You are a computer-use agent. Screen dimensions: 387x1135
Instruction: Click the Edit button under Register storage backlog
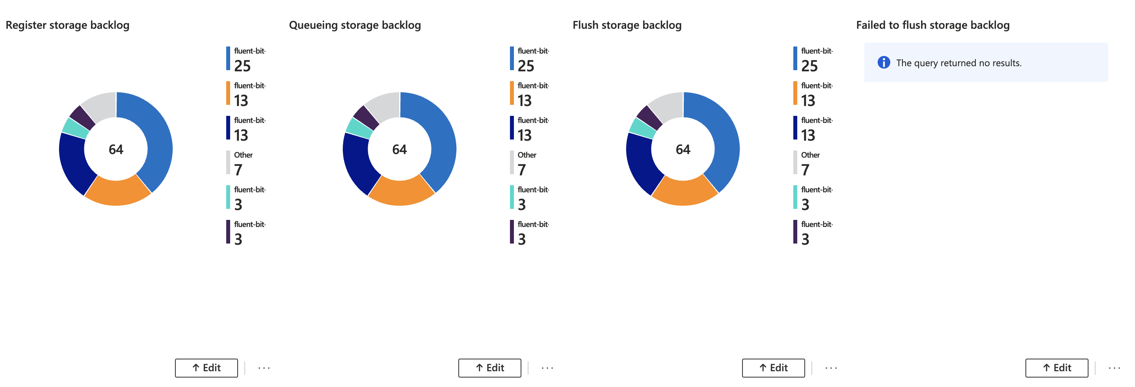pos(206,368)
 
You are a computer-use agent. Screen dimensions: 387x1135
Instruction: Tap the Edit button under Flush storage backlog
pos(773,368)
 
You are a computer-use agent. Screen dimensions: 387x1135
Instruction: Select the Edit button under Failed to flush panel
pos(1057,368)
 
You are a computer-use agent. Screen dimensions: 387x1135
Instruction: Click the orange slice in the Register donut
pos(117,192)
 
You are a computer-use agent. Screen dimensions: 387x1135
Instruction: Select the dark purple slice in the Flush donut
pos(649,117)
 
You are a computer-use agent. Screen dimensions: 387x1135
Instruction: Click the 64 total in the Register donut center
pos(116,149)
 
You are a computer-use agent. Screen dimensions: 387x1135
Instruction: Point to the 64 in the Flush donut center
pos(683,149)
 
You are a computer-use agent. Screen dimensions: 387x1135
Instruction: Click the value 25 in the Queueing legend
pos(526,66)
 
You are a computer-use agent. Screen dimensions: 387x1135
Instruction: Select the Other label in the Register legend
pos(243,155)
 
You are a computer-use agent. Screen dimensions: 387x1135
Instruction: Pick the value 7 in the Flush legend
pos(805,170)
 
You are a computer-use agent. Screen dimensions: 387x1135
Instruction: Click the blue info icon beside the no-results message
pos(884,63)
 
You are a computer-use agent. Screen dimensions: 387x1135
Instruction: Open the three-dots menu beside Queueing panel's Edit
pos(547,368)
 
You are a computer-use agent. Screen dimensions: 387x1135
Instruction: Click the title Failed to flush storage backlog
pos(932,25)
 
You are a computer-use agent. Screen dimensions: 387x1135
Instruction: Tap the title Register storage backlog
pos(67,25)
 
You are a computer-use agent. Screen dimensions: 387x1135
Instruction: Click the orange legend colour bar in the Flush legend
pos(795,93)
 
